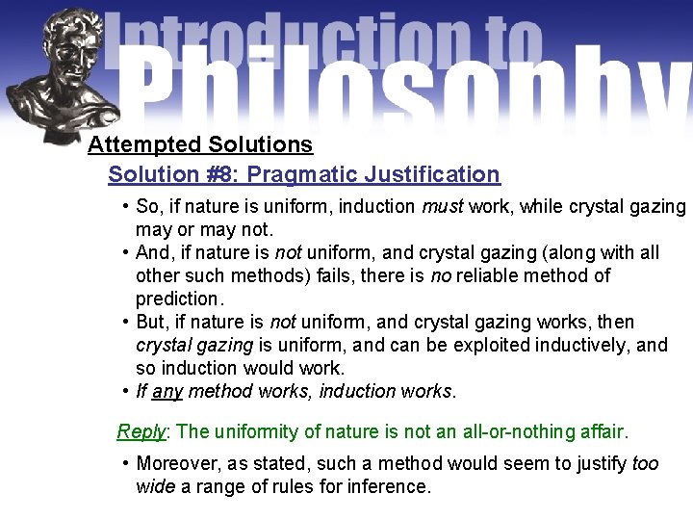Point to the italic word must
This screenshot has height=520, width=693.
443,207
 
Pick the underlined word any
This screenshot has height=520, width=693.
167,391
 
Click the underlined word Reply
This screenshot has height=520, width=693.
141,431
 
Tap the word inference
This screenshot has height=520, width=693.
389,486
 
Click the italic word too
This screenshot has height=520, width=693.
646,463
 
